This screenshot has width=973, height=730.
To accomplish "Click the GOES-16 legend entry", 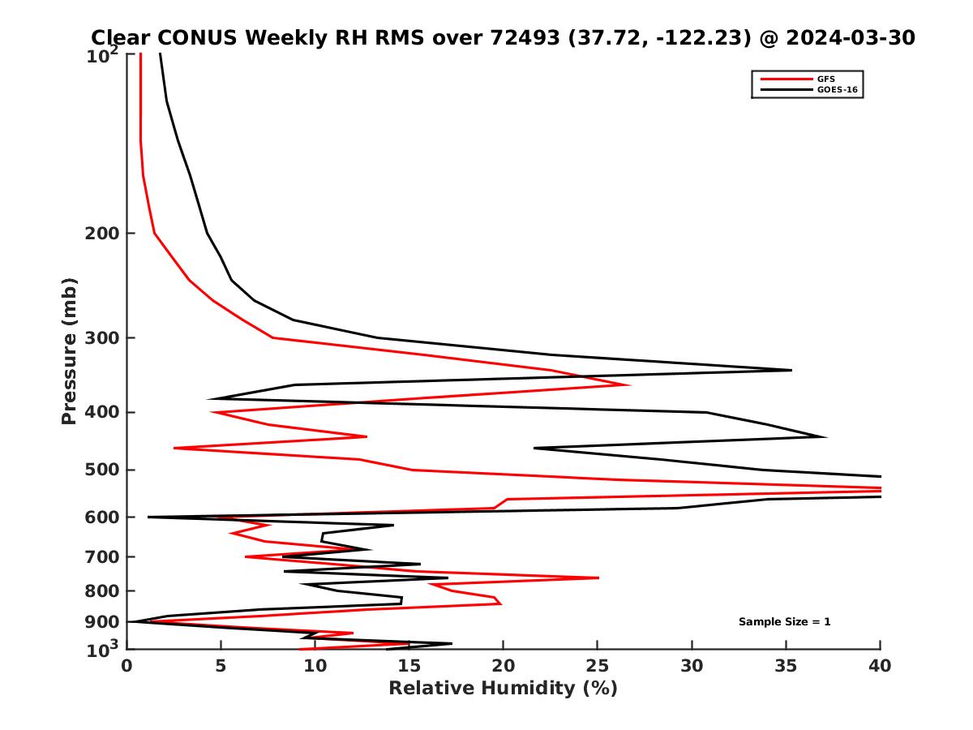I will coord(836,89).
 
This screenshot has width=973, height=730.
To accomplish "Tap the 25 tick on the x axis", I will coord(598,666).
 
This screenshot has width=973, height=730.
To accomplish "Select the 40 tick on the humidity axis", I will coord(880,666).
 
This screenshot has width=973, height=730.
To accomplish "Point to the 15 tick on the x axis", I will coord(409,666).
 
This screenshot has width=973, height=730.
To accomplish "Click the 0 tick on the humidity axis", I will coord(127,666).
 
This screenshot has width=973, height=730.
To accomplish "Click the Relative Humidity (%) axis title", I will coord(503,689).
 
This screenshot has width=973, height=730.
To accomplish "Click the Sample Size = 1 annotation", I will coord(784,622).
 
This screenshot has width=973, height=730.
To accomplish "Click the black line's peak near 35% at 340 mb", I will coord(791,370).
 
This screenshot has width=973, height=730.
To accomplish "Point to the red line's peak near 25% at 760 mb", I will coord(598,578).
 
